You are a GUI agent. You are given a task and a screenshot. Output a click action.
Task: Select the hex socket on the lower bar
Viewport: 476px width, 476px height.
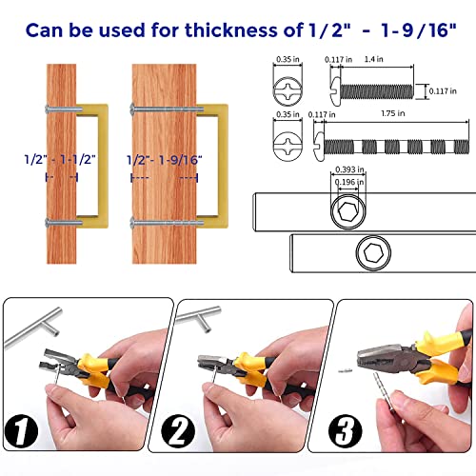pyautogui.click(x=371, y=253)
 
